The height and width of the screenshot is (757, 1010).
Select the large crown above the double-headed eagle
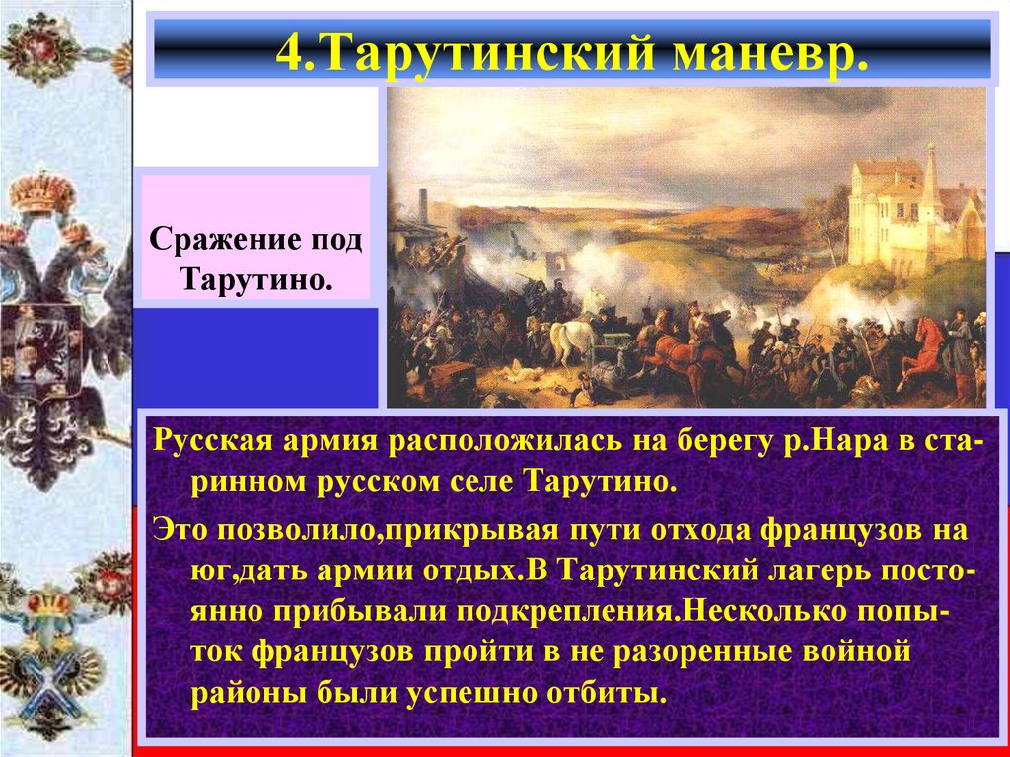tap(42, 193)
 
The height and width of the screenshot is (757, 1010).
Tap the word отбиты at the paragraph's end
tap(602, 689)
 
